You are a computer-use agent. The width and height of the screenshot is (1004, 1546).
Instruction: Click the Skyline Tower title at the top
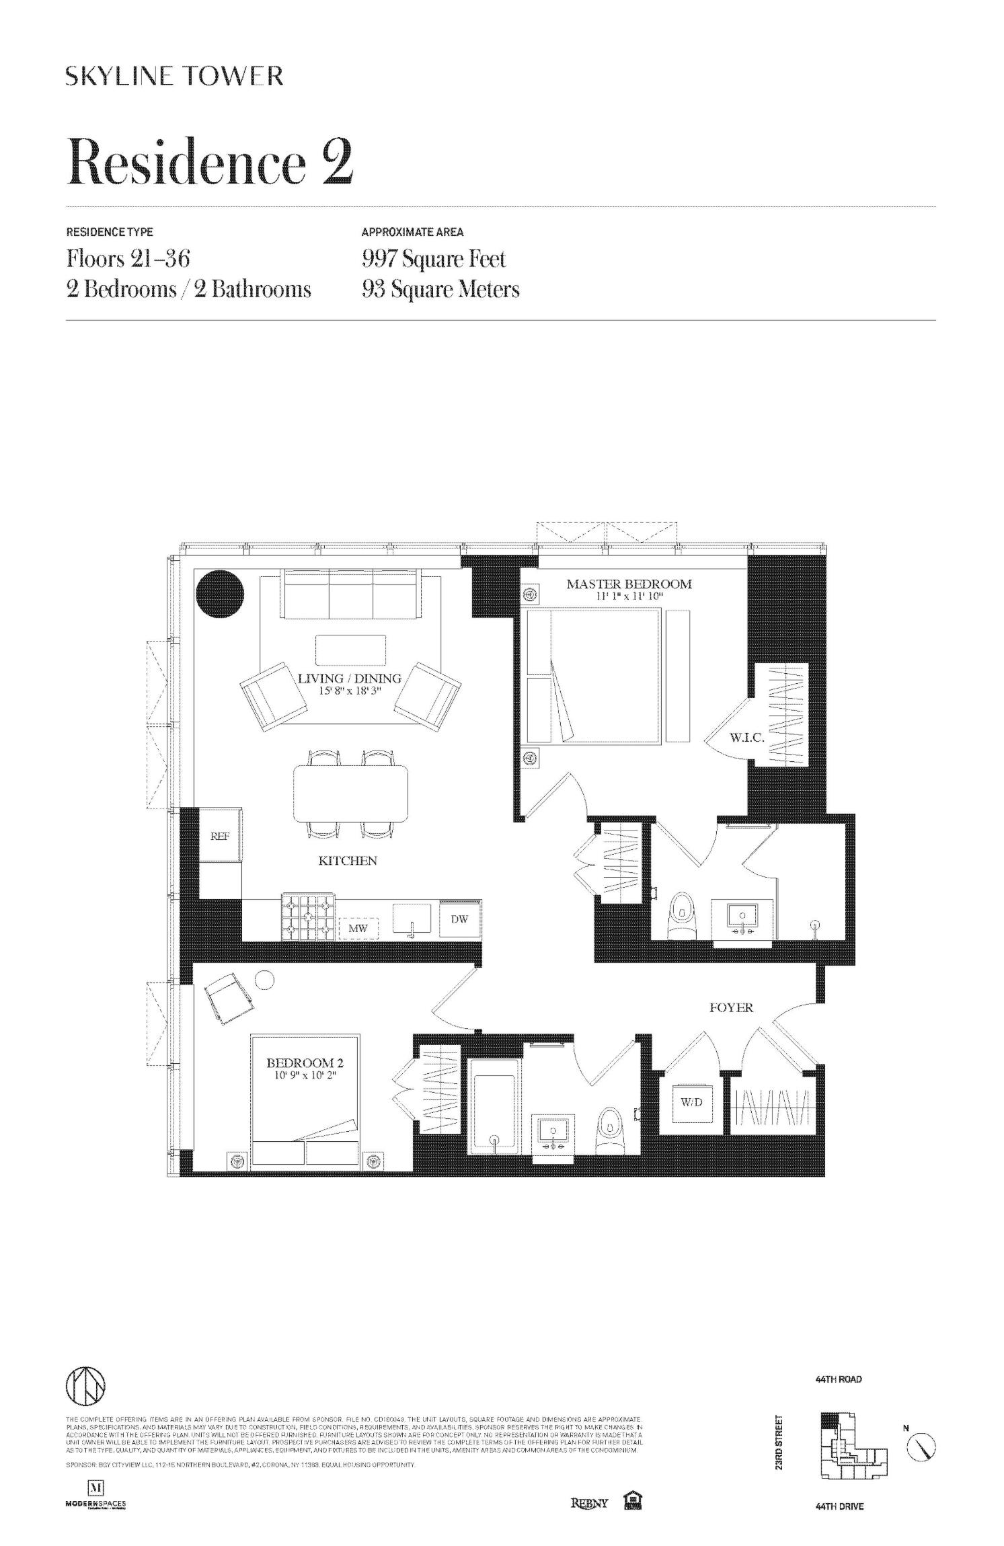[x=174, y=76]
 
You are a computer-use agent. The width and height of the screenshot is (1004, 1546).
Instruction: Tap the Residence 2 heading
[x=210, y=162]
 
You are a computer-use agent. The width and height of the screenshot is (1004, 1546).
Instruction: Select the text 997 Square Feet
[x=433, y=259]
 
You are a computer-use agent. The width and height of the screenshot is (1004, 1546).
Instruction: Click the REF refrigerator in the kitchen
[x=221, y=836]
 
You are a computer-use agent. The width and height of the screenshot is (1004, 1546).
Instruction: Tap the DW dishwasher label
[x=459, y=919]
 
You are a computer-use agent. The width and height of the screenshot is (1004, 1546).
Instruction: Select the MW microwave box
[x=358, y=929]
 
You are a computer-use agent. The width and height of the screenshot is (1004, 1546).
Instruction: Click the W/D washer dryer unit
[x=693, y=1102]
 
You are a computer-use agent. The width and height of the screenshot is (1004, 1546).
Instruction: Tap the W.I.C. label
[x=746, y=738]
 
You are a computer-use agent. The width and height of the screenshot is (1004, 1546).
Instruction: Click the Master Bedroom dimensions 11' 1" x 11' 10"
[x=629, y=595]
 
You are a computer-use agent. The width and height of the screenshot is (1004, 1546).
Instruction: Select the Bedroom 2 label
[x=305, y=1062]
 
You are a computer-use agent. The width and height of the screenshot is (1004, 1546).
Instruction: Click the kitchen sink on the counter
[x=412, y=919]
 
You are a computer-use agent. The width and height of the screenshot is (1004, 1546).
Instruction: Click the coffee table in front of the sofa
[x=350, y=650]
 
